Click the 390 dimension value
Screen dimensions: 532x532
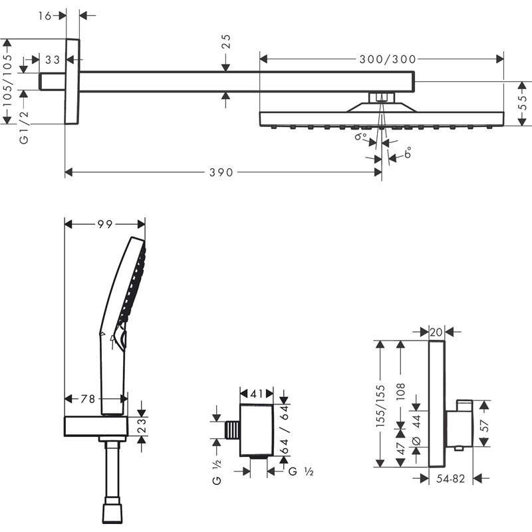221,172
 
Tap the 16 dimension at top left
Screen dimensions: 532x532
45,15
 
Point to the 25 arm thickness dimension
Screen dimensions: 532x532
226,43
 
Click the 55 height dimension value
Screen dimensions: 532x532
523,103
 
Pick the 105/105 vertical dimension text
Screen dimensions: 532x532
7,80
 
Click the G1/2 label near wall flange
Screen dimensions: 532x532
25,128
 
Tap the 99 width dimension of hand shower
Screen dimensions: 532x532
104,225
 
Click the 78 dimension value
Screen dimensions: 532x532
88,398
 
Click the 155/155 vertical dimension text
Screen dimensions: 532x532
381,405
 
